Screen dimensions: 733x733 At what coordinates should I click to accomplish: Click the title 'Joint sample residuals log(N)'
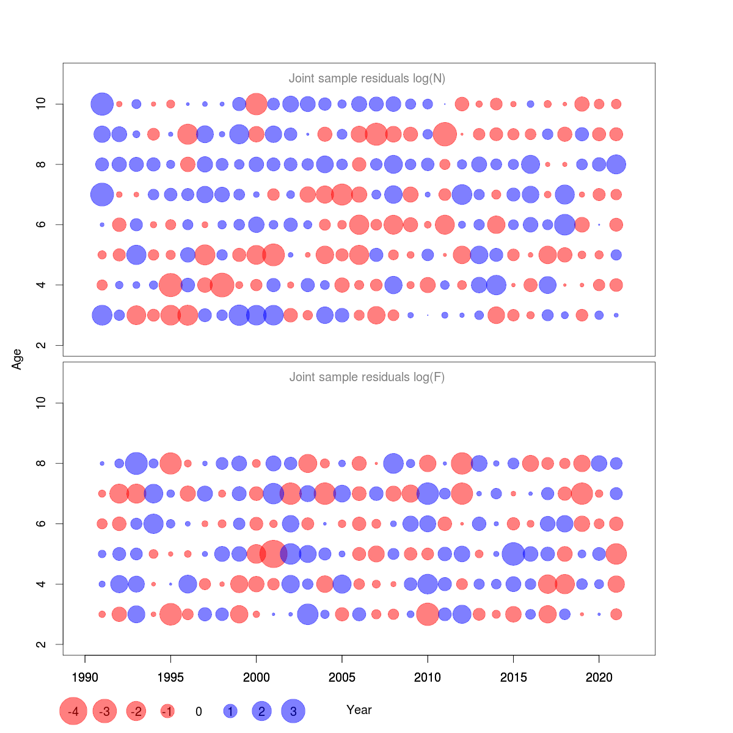(366, 78)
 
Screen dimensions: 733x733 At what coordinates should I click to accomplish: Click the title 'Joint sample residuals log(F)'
(366, 377)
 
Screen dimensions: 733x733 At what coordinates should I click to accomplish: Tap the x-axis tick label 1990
(85, 677)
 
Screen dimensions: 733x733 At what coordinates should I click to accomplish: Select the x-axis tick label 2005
(342, 677)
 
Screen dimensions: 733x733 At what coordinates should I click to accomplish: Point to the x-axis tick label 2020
(599, 677)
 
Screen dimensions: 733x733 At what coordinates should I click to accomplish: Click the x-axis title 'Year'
(359, 710)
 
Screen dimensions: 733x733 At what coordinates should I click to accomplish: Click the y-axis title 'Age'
(17, 359)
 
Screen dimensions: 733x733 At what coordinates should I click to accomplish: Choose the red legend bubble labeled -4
(73, 712)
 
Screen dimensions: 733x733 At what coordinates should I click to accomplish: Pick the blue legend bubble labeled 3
(293, 712)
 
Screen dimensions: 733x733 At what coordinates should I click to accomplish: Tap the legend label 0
(199, 712)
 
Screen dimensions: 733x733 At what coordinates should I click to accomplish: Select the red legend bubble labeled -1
(167, 712)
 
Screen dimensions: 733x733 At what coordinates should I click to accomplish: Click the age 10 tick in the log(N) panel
(42, 104)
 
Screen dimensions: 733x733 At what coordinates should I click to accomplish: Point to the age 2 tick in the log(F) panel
(42, 644)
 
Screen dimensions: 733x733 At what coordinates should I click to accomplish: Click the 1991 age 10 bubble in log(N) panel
(102, 104)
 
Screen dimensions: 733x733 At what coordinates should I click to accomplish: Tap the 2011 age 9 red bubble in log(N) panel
(445, 134)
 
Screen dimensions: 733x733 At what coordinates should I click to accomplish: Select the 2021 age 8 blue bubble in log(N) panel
(616, 164)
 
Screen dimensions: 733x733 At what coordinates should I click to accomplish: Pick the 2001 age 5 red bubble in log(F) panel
(273, 554)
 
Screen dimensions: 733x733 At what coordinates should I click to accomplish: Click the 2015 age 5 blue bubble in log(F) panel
(513, 554)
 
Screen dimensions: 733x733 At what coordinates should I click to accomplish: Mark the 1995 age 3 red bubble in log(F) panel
(170, 614)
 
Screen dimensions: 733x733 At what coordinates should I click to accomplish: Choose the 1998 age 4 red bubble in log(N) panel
(222, 285)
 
